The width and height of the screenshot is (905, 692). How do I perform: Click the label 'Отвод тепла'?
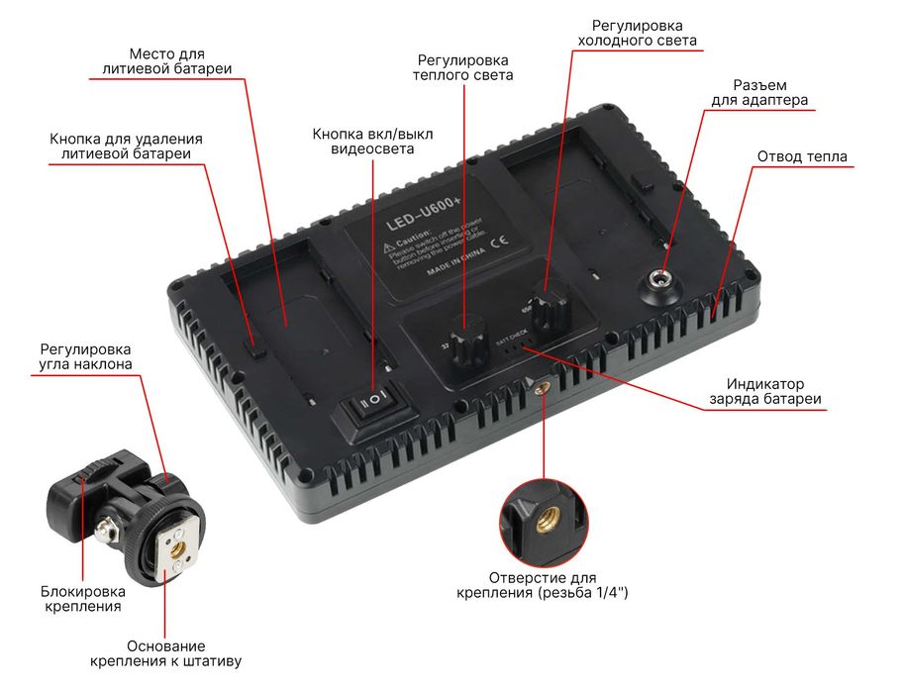click(x=802, y=156)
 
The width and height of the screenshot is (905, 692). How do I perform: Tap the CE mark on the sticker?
click(x=500, y=239)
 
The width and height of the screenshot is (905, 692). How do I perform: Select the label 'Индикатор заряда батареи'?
click(x=764, y=391)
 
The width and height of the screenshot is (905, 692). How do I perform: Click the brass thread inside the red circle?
click(x=546, y=517)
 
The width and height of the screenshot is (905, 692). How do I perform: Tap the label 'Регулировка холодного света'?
click(x=637, y=33)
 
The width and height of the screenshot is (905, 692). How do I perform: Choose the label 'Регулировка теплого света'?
click(x=463, y=67)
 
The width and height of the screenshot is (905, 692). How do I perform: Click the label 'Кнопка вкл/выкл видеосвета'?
click(x=372, y=141)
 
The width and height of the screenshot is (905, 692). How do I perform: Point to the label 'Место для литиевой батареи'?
click(x=167, y=60)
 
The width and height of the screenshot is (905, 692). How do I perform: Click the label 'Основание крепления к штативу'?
click(x=165, y=652)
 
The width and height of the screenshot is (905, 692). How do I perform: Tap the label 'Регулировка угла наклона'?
click(x=85, y=356)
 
